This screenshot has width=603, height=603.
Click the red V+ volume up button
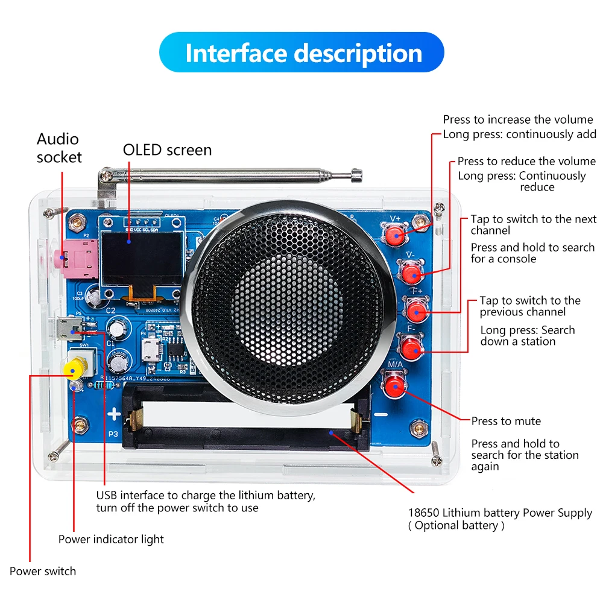(395, 235)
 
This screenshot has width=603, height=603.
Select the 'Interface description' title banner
(301, 53)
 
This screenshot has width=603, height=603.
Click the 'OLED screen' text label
(167, 150)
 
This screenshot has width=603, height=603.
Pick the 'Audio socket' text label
(58, 148)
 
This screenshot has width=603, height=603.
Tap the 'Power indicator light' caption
(111, 539)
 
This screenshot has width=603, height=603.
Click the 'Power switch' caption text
(43, 571)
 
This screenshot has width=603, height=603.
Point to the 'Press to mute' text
(506, 421)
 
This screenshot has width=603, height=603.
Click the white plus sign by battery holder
(113, 414)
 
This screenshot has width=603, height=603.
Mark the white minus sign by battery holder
(380, 414)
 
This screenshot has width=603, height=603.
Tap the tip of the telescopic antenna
(357, 176)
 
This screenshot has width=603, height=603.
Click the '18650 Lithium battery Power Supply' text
(500, 513)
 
